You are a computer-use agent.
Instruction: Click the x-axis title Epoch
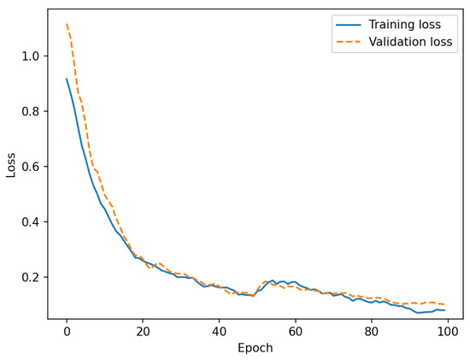(256, 348)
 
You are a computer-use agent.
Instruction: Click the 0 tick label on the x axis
(67, 331)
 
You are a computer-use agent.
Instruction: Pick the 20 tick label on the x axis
(143, 331)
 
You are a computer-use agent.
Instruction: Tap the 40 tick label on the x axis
(219, 331)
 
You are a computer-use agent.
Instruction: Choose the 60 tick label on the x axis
(295, 331)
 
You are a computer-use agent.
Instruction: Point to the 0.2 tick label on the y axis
(32, 277)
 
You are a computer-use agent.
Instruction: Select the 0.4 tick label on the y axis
(32, 221)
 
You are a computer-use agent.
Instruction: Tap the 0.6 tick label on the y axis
(32, 167)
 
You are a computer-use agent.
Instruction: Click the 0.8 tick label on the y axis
(32, 111)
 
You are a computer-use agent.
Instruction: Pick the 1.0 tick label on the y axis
(32, 56)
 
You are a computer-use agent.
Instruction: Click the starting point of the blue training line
(67, 80)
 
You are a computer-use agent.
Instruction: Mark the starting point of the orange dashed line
(67, 25)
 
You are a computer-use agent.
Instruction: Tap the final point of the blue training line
(444, 310)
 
